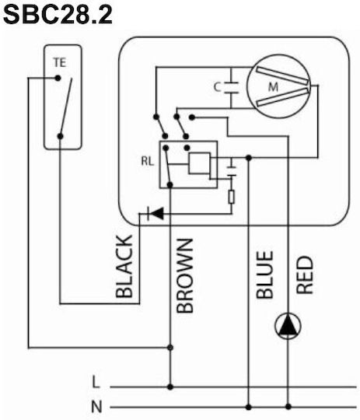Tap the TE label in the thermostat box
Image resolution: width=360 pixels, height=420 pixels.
pos(59,63)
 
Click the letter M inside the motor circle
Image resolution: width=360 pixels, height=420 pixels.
pos(273,87)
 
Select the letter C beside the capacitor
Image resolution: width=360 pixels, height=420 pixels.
pos(217,87)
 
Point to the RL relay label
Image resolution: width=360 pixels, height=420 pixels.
pos(148,161)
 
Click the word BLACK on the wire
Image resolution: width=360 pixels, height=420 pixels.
pos(124,266)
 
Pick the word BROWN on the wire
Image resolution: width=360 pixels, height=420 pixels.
pos(185,276)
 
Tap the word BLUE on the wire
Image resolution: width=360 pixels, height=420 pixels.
pos(264,275)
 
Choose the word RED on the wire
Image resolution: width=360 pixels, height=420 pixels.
pos(305,275)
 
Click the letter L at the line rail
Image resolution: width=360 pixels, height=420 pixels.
pos(96,382)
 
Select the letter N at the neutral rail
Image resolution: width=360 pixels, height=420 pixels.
pos(96,407)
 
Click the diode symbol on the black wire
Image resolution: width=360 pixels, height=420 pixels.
pos(156,213)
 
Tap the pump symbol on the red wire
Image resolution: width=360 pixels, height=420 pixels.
pos(288,326)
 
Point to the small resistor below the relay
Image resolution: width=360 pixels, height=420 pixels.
pos(232,197)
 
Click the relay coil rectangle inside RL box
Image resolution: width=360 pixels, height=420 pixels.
pos(199,163)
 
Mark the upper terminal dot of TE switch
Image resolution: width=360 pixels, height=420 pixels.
pos(58,79)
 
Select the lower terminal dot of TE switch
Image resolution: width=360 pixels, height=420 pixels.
pos(61,136)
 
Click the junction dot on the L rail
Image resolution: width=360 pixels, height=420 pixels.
pos(170,387)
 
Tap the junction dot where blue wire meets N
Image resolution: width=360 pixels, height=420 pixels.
pos(249,408)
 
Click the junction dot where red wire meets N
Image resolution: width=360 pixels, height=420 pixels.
pos(288,407)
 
